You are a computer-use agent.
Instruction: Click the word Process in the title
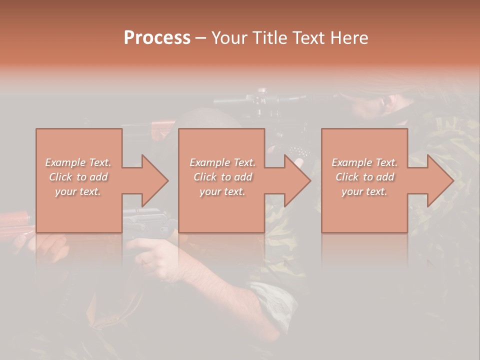point(157,38)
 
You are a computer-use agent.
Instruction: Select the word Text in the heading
point(309,38)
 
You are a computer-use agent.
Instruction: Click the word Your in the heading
point(229,38)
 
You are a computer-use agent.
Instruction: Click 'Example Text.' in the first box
point(78,162)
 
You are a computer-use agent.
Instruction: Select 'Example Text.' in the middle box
point(222,162)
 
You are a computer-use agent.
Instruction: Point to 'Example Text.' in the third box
point(364,162)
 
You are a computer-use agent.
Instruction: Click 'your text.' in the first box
point(78,191)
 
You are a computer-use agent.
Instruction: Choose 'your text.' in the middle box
point(222,191)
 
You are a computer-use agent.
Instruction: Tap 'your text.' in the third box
point(364,191)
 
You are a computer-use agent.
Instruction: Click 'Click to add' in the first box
point(78,177)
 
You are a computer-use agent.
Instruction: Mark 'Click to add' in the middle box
point(222,177)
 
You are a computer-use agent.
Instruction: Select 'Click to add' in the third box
point(364,177)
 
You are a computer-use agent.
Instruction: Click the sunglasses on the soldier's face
point(386,102)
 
